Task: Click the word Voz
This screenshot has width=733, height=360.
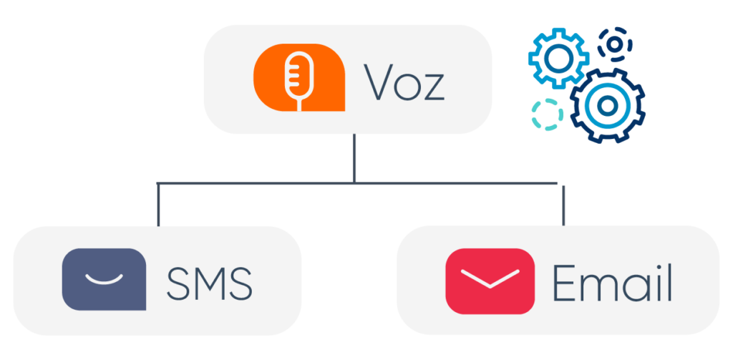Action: coord(404,84)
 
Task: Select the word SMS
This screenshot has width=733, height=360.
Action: coord(209,284)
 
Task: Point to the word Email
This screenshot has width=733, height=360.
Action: coord(612,283)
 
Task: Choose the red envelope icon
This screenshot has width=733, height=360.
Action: coord(490,281)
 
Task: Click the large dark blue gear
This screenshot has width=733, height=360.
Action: coord(606,106)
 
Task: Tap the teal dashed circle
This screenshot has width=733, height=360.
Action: coord(547,115)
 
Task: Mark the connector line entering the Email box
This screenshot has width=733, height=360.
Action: coord(564,206)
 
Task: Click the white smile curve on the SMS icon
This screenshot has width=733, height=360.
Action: coord(104,281)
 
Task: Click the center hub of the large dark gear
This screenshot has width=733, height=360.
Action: coord(606,106)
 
